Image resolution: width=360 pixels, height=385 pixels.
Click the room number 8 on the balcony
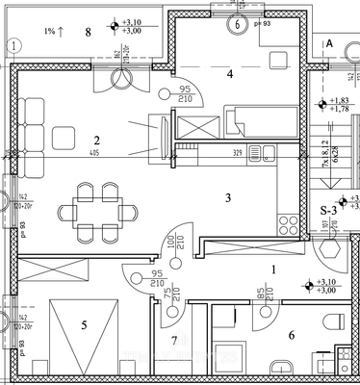[x=88, y=32]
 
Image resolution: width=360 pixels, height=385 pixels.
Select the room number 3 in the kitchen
[x=227, y=197]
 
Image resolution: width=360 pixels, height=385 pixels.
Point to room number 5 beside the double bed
[x=84, y=325]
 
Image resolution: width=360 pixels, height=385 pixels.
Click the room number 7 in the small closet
[x=174, y=341]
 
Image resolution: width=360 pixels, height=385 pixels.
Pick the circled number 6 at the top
[x=237, y=26]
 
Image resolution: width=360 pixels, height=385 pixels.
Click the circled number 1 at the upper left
[x=13, y=44]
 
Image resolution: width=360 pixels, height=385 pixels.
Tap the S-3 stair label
[x=328, y=210]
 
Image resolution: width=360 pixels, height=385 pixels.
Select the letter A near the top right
[x=328, y=44]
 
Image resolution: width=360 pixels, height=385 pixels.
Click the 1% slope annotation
[x=54, y=32]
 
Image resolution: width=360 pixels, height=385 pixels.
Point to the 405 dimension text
[x=93, y=154]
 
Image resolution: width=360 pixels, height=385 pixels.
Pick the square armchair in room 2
[x=66, y=137]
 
